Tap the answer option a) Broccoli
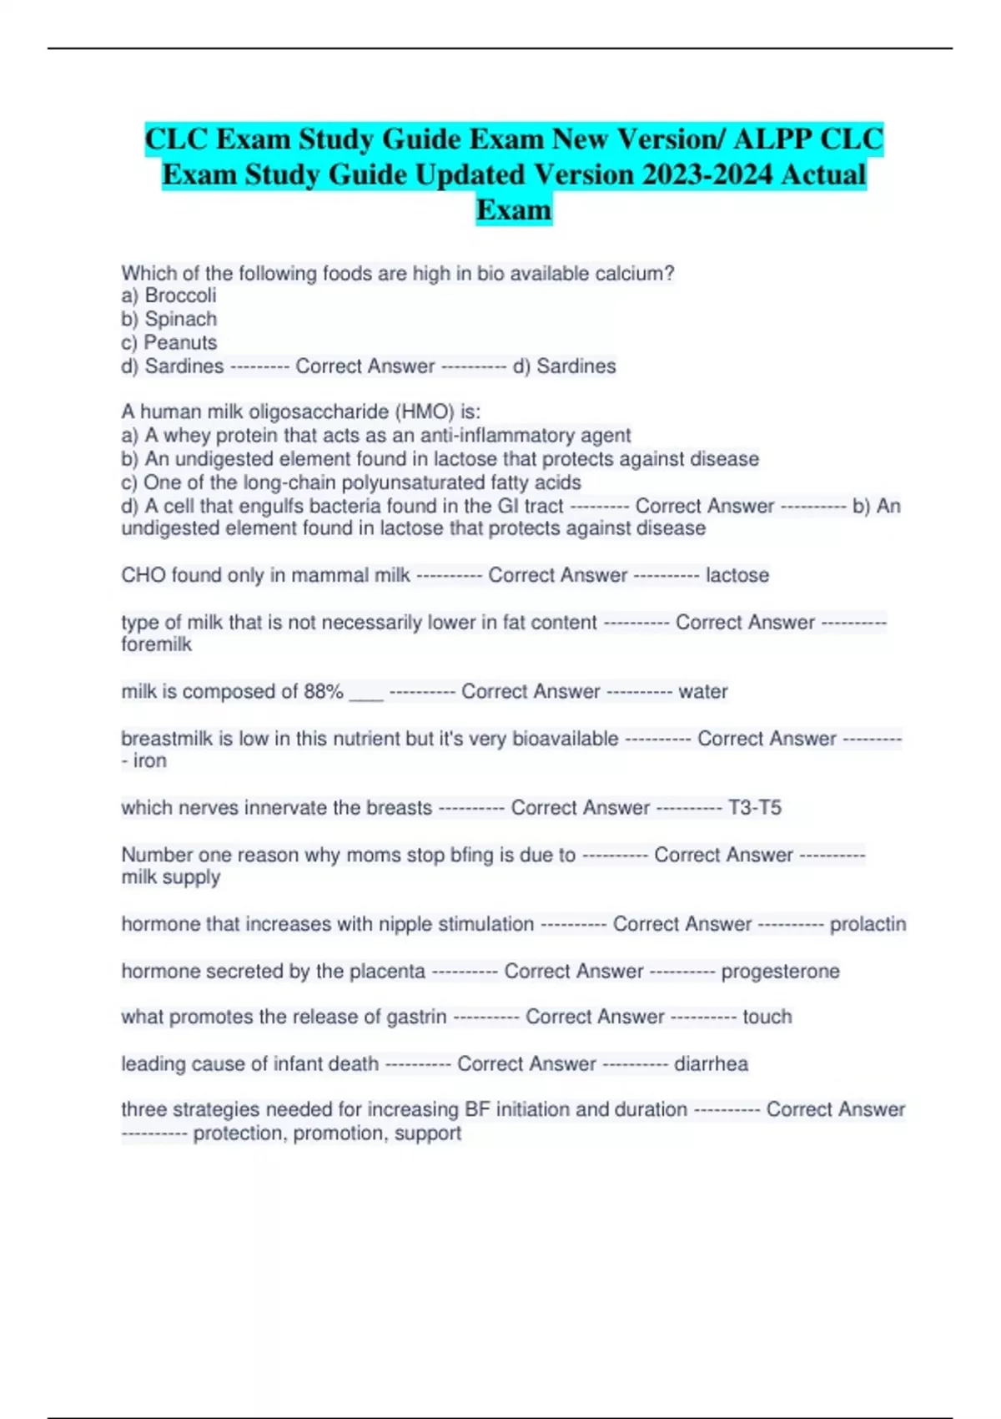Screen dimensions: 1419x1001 [169, 295]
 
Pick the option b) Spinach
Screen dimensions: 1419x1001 [169, 319]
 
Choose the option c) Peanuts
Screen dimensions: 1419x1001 [169, 342]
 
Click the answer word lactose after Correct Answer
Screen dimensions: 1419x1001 [737, 575]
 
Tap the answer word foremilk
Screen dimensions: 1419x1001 [157, 644]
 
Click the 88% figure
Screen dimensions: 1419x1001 [324, 691]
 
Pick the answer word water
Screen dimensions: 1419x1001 [703, 691]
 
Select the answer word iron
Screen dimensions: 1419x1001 [150, 760]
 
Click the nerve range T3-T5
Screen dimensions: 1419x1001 [755, 807]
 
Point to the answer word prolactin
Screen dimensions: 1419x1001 [868, 924]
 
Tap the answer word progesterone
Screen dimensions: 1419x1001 [780, 971]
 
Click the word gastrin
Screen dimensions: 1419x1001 [416, 1017]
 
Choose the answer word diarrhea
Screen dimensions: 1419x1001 [711, 1063]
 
